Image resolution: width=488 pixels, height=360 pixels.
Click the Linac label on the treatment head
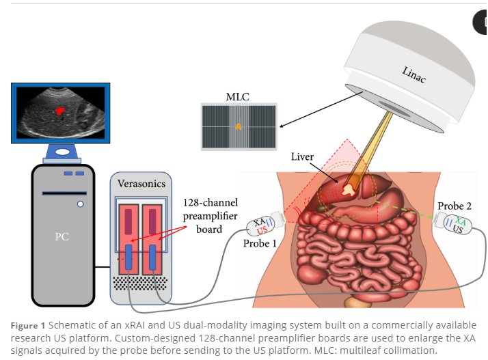[414, 74]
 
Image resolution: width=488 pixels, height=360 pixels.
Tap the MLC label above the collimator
[237, 97]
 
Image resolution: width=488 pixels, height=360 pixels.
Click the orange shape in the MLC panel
[238, 126]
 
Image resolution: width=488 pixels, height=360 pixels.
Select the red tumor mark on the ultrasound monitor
[59, 111]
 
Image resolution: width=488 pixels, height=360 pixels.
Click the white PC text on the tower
[62, 237]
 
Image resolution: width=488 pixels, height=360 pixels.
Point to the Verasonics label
[141, 184]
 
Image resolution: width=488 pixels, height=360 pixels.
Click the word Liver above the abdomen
[302, 156]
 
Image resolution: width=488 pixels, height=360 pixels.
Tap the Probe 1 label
[260, 243]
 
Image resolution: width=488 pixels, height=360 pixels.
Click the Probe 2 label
[455, 206]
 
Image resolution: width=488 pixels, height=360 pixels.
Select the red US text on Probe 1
[262, 230]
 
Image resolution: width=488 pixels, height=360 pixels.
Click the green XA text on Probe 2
[460, 221]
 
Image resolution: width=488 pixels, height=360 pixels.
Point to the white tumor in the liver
[349, 190]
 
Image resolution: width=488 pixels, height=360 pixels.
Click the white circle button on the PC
[80, 204]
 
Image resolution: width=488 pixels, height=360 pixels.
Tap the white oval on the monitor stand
[63, 152]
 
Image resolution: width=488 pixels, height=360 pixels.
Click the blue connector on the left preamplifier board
[128, 257]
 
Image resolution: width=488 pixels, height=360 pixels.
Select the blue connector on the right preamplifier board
[152, 257]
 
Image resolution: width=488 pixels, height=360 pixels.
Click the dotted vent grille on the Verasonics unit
[140, 283]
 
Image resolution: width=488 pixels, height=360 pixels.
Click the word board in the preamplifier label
[209, 230]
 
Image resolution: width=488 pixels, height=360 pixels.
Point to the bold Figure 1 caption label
[28, 326]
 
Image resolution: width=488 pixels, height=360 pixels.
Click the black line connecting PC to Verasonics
[103, 266]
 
